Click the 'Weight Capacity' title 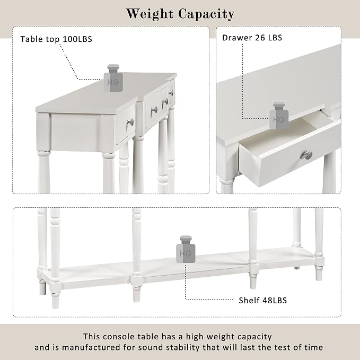pyautogui.click(x=180, y=14)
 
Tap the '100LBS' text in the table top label pyautogui.click(x=77, y=39)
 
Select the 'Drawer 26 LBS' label pyautogui.click(x=252, y=38)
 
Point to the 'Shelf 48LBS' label pyautogui.click(x=262, y=300)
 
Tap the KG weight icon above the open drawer pyautogui.click(x=279, y=116)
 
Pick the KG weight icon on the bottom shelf pyautogui.click(x=186, y=249)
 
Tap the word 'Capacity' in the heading pyautogui.click(x=206, y=14)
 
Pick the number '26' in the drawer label pyautogui.click(x=260, y=38)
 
